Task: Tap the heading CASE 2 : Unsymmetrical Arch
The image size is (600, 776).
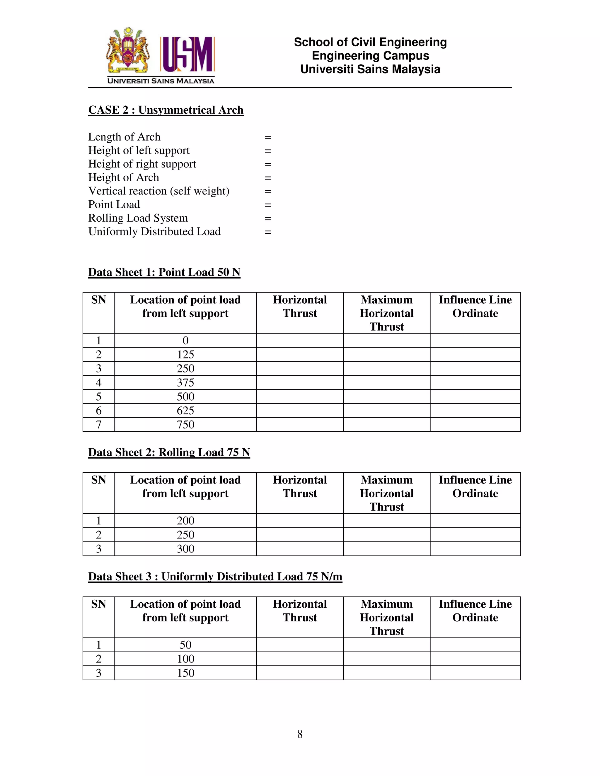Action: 166,110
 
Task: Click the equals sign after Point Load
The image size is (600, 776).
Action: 268,205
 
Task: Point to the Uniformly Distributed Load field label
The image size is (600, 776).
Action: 154,231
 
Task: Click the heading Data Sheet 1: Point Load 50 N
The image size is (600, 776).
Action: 164,272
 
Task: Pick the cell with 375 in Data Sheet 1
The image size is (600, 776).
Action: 185,383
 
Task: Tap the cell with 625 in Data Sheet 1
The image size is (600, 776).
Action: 185,411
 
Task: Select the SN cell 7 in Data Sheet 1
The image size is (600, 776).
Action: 99,425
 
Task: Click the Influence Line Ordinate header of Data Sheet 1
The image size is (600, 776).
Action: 475,307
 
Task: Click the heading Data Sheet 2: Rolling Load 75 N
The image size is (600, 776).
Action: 169,452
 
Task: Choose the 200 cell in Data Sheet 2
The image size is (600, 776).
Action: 185,521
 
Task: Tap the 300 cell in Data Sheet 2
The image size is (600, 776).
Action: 185,549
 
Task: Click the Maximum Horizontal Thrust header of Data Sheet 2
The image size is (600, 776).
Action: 387,493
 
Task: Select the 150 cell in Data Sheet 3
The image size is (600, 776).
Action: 185,673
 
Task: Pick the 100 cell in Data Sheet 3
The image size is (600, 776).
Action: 185,659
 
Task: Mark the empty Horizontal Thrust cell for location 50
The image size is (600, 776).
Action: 300,645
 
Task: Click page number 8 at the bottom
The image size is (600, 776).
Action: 300,734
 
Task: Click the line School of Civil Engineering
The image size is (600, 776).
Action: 370,42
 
